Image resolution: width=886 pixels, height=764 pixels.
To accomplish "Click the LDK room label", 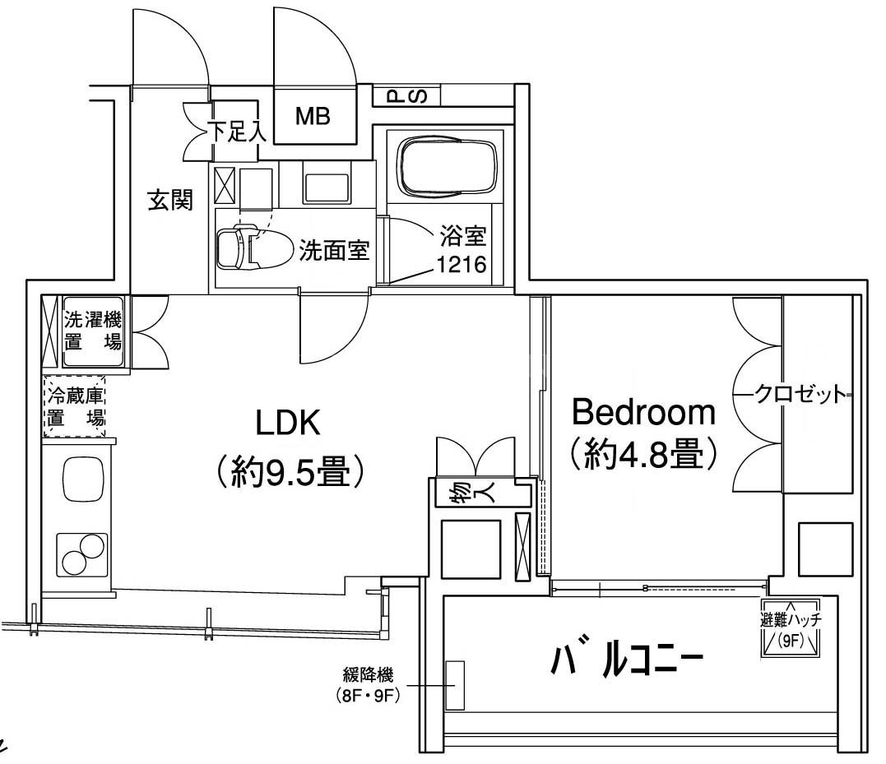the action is coord(288,423).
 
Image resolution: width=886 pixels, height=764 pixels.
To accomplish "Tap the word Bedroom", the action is coord(643,412).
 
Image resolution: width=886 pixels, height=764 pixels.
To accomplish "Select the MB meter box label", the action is coord(313,116).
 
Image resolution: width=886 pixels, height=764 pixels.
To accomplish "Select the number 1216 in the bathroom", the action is coord(462,264).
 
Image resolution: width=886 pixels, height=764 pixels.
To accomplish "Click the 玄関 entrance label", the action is coord(170,200).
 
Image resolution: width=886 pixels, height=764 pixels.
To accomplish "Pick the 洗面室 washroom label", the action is coord(335,249).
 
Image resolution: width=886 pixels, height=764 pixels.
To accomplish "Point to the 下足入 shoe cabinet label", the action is coord(237,132).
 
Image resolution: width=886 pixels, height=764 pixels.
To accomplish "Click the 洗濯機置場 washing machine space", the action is coord(93,332).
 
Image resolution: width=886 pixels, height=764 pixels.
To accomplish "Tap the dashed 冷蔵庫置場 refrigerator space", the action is coord(75,406).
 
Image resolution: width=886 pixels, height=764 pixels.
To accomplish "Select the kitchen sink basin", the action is coord(83,478).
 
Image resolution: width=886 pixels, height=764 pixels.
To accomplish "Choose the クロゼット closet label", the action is coord(802,394).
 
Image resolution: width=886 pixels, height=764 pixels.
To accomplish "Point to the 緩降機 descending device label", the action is coord(368,674).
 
